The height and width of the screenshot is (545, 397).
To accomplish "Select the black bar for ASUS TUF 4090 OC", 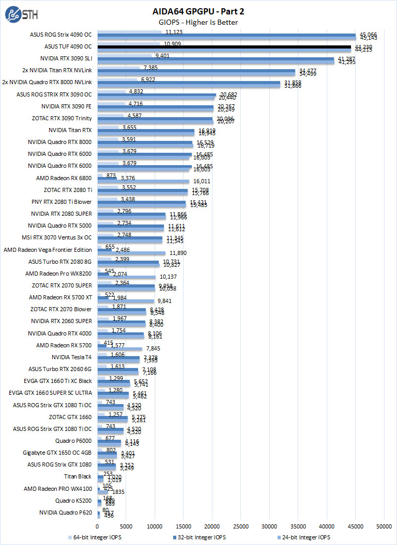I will (x=224, y=47).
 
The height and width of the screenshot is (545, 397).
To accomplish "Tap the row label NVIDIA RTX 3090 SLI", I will (x=66, y=59).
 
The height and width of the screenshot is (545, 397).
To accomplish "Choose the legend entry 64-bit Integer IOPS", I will (x=95, y=537).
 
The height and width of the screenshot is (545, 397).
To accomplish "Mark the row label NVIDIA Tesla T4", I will (x=71, y=357).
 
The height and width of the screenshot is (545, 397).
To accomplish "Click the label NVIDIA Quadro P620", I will (x=65, y=513).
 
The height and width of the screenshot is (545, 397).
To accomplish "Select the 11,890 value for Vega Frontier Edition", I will (x=176, y=253).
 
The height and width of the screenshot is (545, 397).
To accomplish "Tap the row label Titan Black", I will (x=78, y=476).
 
